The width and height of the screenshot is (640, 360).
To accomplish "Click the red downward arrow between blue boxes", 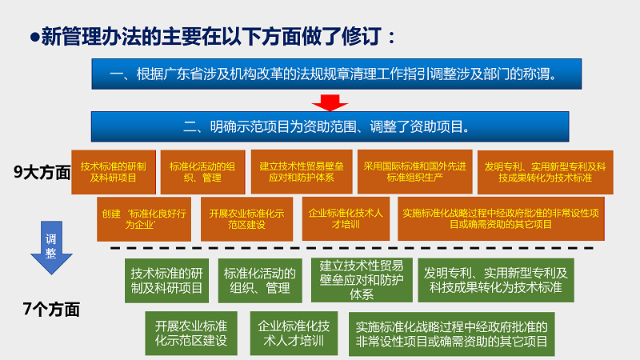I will pos(328,102).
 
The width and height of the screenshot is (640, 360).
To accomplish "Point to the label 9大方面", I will pos(42,171).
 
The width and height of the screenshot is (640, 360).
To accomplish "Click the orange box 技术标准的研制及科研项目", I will pos(114,172).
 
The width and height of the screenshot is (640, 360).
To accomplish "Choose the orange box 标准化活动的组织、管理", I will pos(201,172).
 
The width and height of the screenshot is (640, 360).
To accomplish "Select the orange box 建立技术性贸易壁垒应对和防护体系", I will pos(299,172).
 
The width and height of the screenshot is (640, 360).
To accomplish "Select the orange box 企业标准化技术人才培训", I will pos(346,219).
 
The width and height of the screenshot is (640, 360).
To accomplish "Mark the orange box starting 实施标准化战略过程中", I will pos(500,219).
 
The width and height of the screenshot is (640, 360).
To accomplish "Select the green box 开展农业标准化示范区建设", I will pos(191,334).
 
